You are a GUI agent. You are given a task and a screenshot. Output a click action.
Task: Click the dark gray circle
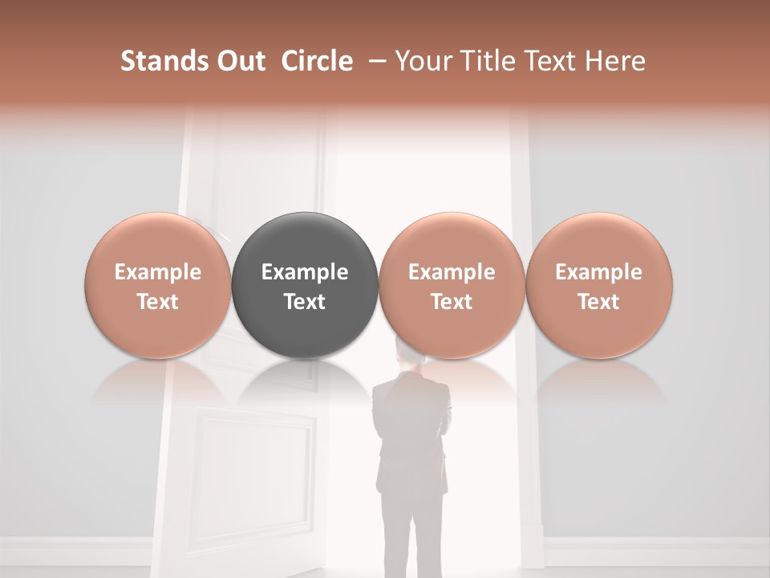(305, 241)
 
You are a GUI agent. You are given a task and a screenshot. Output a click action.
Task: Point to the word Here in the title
(615, 61)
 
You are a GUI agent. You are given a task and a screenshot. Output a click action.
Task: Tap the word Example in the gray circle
(305, 272)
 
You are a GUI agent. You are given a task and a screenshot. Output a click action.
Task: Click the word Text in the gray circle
(305, 302)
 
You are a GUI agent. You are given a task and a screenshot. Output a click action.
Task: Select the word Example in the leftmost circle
(158, 272)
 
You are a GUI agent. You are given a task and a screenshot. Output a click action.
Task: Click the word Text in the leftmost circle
(158, 302)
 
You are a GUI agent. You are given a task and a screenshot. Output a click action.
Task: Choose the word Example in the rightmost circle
(598, 272)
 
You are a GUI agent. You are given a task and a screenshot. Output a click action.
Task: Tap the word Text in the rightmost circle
(598, 302)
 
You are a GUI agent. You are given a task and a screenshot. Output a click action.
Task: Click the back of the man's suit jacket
(411, 417)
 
